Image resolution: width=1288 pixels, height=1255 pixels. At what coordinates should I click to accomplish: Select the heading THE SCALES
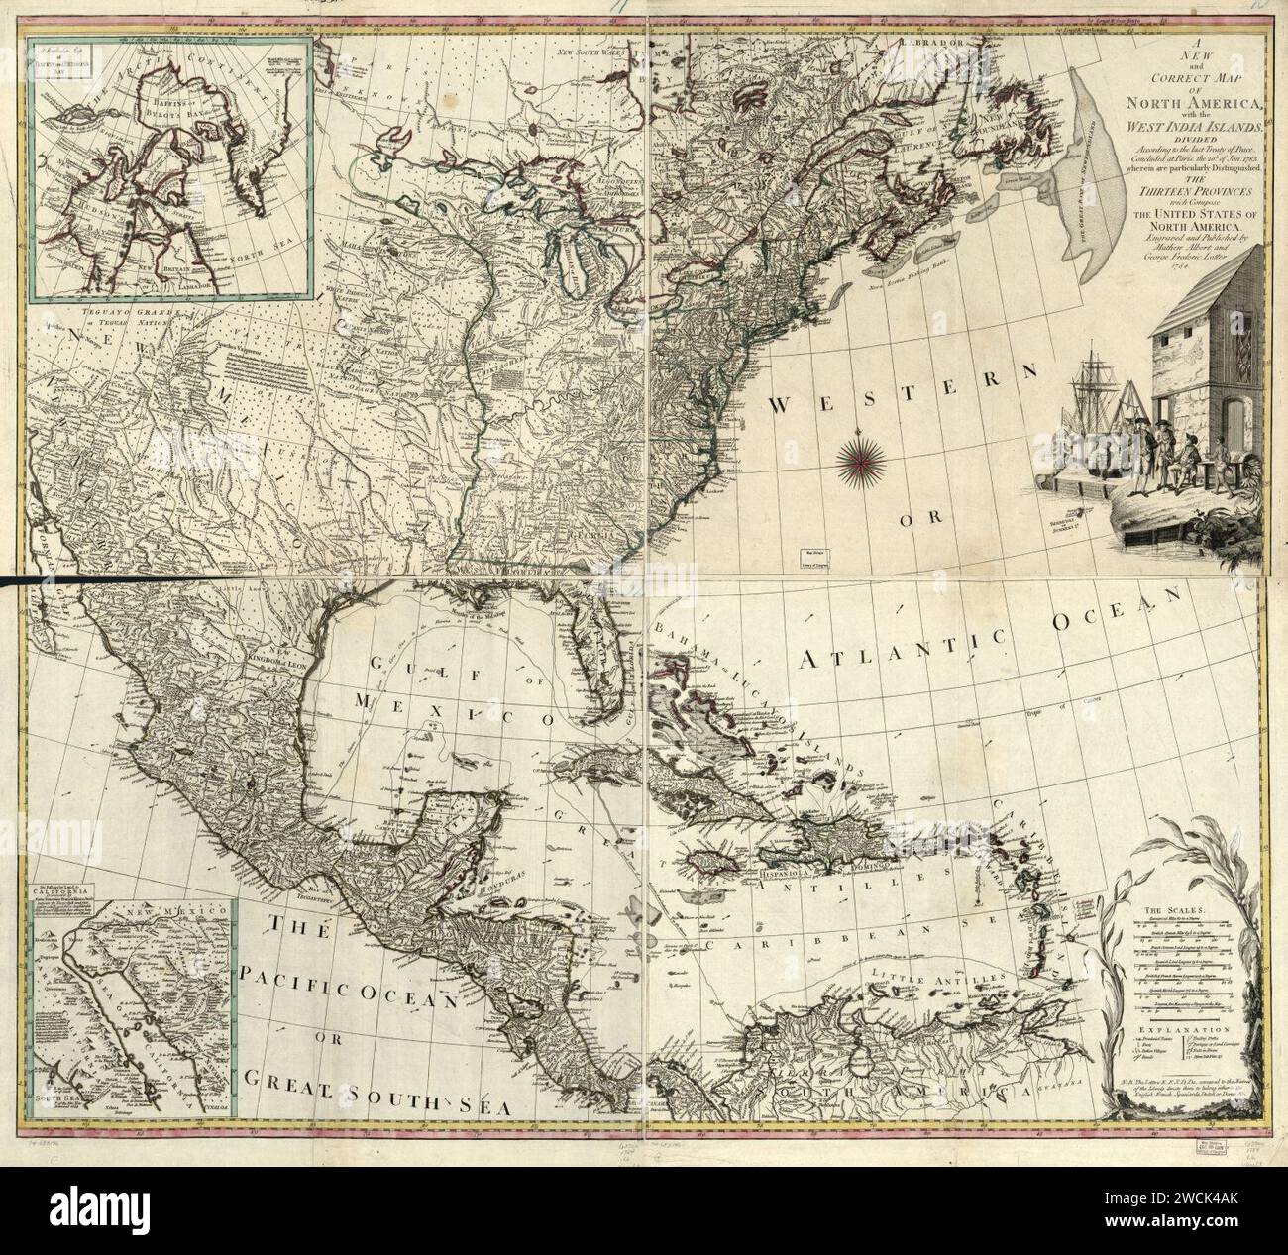coord(1169,907)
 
